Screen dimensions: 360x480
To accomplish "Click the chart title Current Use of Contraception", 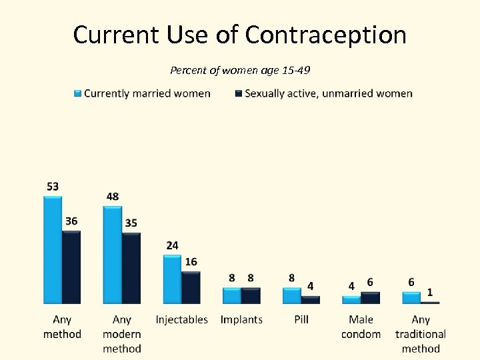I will [x=239, y=35].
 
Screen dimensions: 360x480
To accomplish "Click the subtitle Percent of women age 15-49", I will [x=240, y=69].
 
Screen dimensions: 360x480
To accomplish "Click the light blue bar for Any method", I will [x=53, y=250].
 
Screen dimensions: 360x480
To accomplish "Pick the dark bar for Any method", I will [x=71, y=267].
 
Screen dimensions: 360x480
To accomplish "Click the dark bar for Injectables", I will [x=191, y=287].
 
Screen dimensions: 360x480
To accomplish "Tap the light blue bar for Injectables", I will [x=172, y=279].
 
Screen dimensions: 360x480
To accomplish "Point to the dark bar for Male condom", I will [x=370, y=298].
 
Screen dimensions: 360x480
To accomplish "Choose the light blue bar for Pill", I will [x=292, y=296].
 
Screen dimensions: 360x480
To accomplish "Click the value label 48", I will [x=113, y=197].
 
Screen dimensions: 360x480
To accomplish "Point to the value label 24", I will [x=172, y=245].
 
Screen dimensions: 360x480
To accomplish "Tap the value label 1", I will [x=430, y=292].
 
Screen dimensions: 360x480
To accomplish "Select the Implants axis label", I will [x=241, y=320].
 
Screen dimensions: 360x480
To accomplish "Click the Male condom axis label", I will [x=361, y=327].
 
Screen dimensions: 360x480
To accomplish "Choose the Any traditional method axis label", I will [x=421, y=334].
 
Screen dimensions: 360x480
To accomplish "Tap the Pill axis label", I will [x=301, y=320].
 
